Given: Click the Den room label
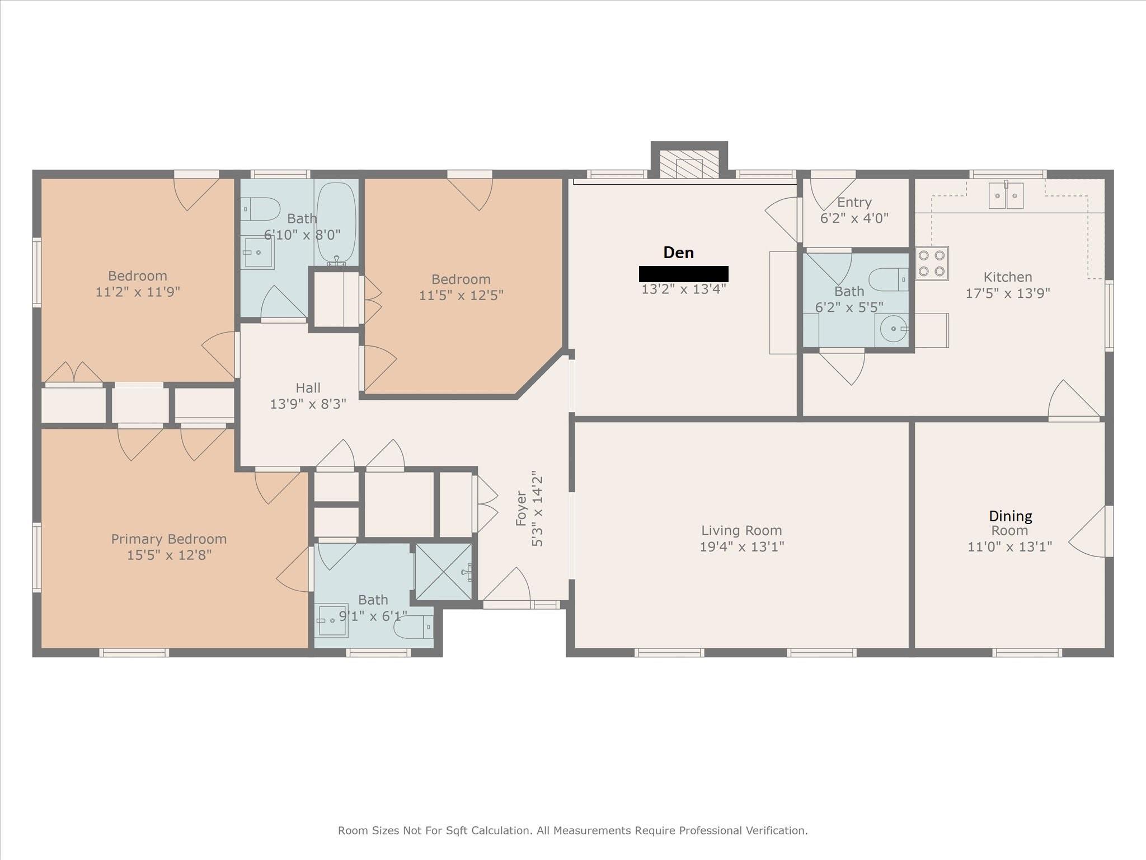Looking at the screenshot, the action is (x=678, y=253).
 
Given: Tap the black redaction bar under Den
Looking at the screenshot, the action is (x=683, y=274).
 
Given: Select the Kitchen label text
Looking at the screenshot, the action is (x=1008, y=277).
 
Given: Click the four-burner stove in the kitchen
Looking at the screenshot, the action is (x=932, y=263).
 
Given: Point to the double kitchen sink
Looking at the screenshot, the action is (x=1006, y=196).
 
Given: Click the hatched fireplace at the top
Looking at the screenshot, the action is (x=689, y=164).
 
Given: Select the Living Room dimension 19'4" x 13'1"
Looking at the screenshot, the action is (x=741, y=546).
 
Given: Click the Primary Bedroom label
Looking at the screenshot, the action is (x=168, y=539).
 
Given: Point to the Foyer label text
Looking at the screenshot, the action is (x=521, y=508).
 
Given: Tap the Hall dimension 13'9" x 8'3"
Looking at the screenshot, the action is (x=308, y=404).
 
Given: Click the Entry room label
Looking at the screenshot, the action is (x=854, y=203).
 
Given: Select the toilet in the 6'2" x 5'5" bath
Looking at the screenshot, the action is (x=889, y=279).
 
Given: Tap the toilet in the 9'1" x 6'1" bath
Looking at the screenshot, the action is (x=414, y=627).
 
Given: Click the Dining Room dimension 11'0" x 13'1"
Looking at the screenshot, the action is (x=1009, y=546).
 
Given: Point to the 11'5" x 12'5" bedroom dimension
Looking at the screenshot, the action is (x=461, y=295).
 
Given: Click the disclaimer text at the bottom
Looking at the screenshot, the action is (x=572, y=830).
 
